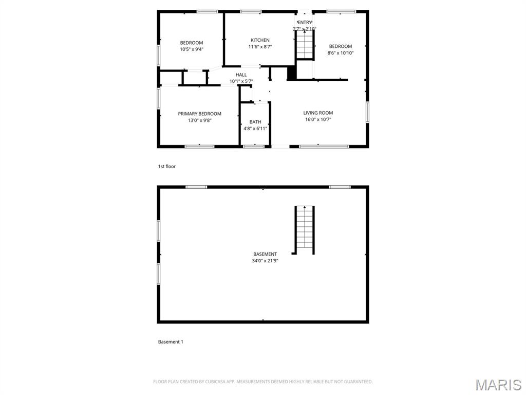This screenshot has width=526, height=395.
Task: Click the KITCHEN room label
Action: pos(260,40)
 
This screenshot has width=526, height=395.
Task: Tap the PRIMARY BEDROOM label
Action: pos(200,114)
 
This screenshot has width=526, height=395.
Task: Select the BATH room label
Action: pos(255,122)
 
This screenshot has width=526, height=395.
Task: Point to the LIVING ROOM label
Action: pos(318,113)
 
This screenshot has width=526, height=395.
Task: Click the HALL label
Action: pos(241,75)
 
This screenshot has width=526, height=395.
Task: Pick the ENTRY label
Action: pos(305,22)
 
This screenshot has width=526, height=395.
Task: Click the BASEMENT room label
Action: pos(265,254)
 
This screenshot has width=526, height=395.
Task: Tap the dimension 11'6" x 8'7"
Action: pos(260,47)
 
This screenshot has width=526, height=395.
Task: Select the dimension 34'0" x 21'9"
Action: pos(265,261)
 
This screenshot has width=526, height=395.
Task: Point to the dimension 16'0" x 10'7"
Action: pos(318,119)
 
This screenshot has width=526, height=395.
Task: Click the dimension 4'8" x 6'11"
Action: pos(255,128)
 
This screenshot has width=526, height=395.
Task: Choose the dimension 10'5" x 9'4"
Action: pos(192,49)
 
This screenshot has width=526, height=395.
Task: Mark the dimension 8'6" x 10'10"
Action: pos(341,53)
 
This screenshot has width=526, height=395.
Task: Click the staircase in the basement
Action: pos(305,230)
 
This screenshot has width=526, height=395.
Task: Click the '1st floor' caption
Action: pos(167,166)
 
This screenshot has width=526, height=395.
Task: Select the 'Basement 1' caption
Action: pos(171,342)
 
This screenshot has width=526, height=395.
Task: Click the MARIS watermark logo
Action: pos(498,385)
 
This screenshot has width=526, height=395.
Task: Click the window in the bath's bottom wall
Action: pos(254,147)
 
